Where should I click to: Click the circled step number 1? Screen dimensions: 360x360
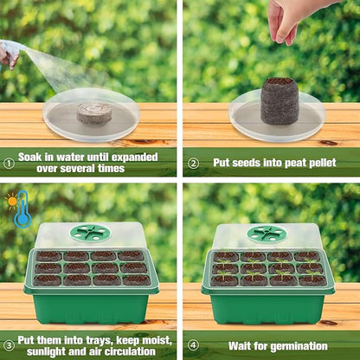tap(9, 162)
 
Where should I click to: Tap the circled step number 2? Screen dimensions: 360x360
tap(193, 162)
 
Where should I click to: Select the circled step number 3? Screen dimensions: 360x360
tap(9, 345)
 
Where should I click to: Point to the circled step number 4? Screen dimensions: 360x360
tap(193, 345)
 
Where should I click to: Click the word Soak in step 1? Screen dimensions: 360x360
tap(29, 157)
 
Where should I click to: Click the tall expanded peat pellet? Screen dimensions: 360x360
tap(280, 102)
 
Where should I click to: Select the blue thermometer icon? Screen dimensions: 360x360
tap(22, 211)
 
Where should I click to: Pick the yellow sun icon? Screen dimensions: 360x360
tap(10, 201)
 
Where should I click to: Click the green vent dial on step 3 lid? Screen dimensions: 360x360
tap(90, 233)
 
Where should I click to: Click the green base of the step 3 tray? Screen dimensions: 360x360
tap(90, 306)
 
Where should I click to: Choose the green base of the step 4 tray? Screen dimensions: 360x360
tap(267, 306)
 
